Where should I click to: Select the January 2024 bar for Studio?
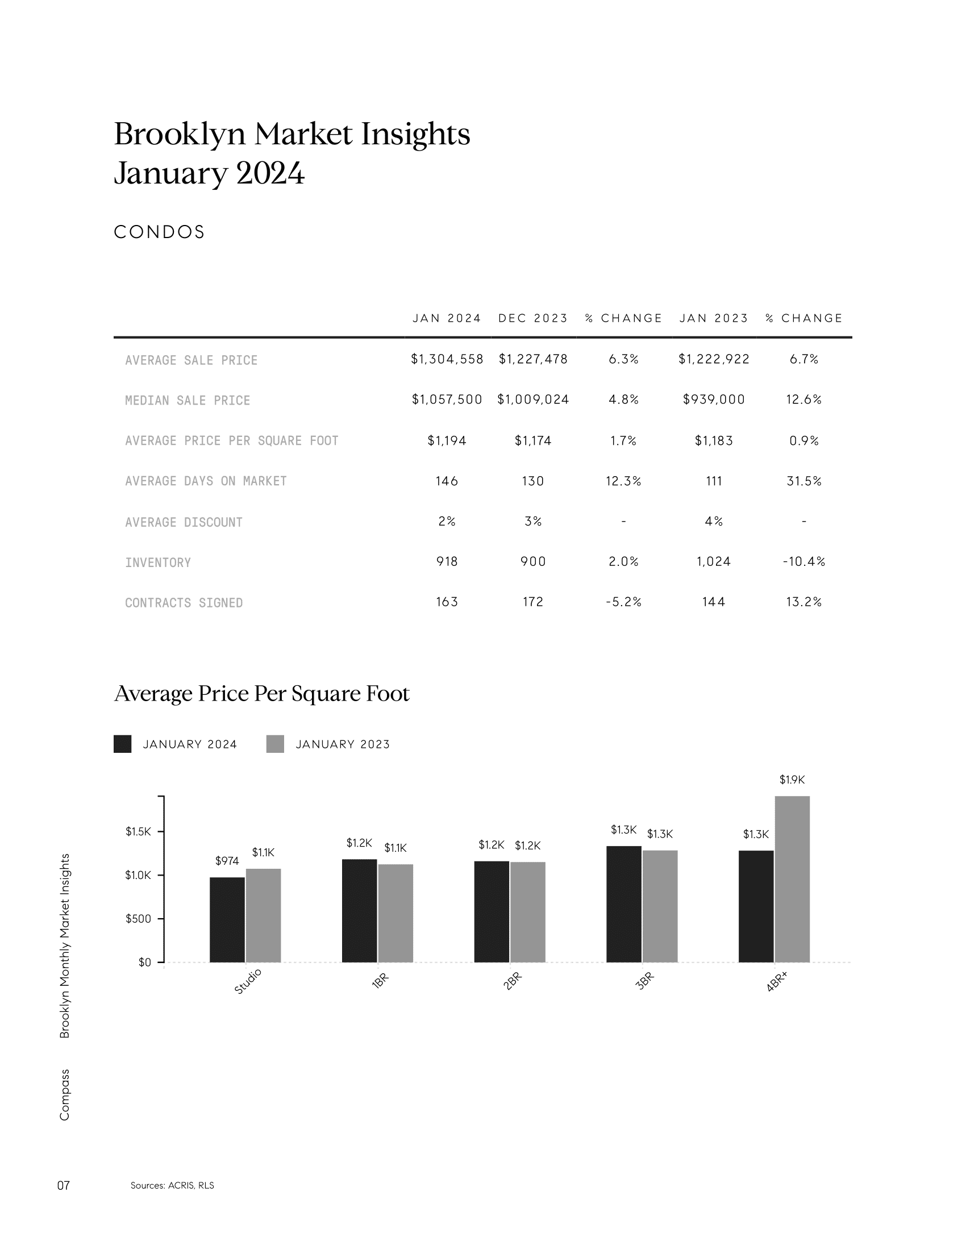coord(227,920)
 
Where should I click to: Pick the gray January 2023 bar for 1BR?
coord(395,914)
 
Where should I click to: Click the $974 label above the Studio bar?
coord(227,861)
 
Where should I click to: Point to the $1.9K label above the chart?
coord(792,780)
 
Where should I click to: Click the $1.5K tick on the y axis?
coord(138,832)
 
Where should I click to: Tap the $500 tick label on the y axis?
coord(138,919)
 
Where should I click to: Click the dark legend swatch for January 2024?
coord(123,744)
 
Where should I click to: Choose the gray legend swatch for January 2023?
coord(275,744)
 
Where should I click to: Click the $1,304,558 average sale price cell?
coord(447,359)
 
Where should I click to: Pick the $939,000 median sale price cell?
coord(714,399)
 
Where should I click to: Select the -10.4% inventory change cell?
coord(804,561)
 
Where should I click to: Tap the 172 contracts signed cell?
coord(533,602)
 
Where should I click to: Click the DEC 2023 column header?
coord(533,318)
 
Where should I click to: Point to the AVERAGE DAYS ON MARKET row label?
coord(206,481)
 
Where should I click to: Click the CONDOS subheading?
coord(159,232)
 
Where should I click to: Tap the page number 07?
coord(64,1185)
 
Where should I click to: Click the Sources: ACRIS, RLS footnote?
coord(172,1185)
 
